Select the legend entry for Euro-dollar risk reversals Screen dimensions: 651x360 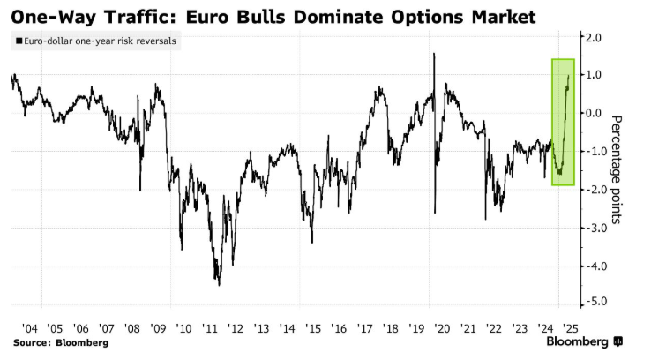pyautogui.click(x=96, y=41)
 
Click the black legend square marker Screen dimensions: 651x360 pyautogui.click(x=19, y=41)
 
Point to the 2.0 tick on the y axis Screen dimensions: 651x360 pyautogui.click(x=593, y=38)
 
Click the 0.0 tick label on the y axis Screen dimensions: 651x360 pyautogui.click(x=593, y=113)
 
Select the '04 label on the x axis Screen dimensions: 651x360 pyautogui.click(x=29, y=328)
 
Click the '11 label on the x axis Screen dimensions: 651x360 pyautogui.click(x=210, y=328)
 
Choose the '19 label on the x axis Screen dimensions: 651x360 pyautogui.click(x=416, y=328)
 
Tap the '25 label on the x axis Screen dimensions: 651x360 pyautogui.click(x=571, y=328)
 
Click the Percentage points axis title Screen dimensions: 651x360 pyautogui.click(x=617, y=169)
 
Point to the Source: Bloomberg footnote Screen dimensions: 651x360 pyautogui.click(x=61, y=343)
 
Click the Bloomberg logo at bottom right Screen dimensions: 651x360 pyautogui.click(x=585, y=341)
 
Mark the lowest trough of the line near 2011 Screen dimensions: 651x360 pyautogui.click(x=219, y=285)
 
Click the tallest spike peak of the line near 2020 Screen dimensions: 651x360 pyautogui.click(x=434, y=54)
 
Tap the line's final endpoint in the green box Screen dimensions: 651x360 pyautogui.click(x=568, y=76)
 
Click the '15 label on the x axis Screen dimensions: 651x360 pyautogui.click(x=313, y=328)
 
